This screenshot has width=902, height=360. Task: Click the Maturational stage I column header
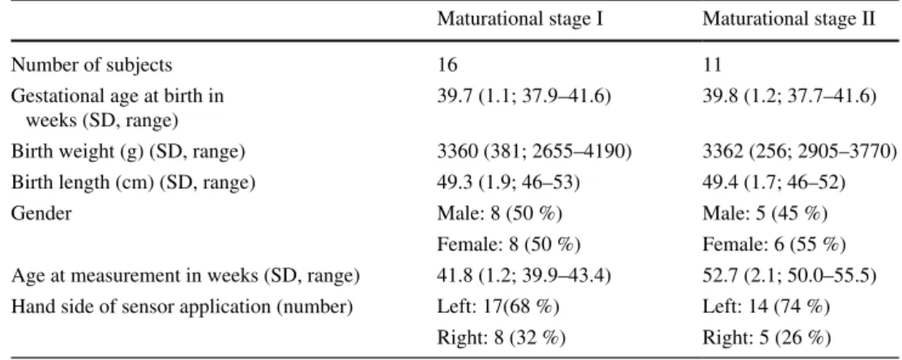pyautogui.click(x=519, y=19)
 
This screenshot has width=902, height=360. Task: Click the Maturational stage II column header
pyautogui.click(x=789, y=19)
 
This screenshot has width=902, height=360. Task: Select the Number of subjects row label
pyautogui.click(x=92, y=65)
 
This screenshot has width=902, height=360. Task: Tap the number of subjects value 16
pyautogui.click(x=447, y=65)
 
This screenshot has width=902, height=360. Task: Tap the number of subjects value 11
pyautogui.click(x=712, y=65)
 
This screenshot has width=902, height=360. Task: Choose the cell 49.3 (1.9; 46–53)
pyautogui.click(x=508, y=184)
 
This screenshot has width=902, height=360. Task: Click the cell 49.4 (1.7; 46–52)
pyautogui.click(x=773, y=184)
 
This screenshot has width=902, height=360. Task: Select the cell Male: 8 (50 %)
pyautogui.click(x=499, y=215)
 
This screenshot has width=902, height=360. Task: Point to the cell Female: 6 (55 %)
pyautogui.click(x=774, y=245)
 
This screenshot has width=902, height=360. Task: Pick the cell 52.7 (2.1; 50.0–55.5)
pyautogui.click(x=789, y=276)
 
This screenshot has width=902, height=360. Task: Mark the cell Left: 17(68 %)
pyautogui.click(x=498, y=307)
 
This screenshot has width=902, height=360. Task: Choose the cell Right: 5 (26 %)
pyautogui.click(x=766, y=338)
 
